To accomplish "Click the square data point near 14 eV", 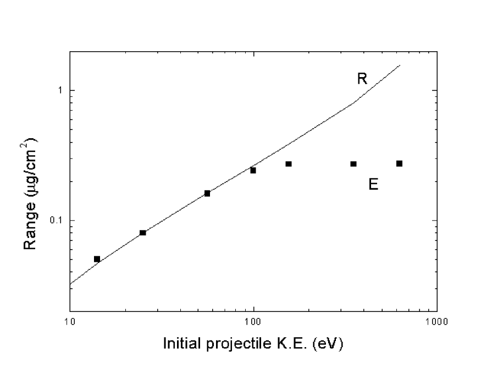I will pyautogui.click(x=97, y=259).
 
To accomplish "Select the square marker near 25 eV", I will pyautogui.click(x=143, y=233).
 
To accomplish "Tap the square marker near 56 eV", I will pyautogui.click(x=207, y=193).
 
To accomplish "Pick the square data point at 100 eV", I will pyautogui.click(x=253, y=170).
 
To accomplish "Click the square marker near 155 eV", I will pyautogui.click(x=289, y=164).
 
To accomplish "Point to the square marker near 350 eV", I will pyautogui.click(x=353, y=164).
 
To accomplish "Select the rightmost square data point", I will pyautogui.click(x=399, y=163).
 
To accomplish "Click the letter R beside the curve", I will pyautogui.click(x=362, y=79).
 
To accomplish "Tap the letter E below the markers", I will pyautogui.click(x=373, y=184).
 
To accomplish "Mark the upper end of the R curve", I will pyautogui.click(x=400, y=65).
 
